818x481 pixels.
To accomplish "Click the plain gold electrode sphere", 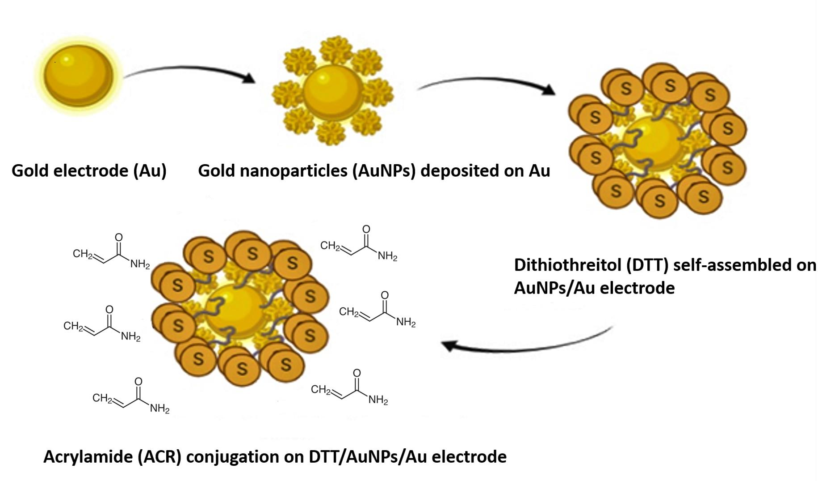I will click(78, 75).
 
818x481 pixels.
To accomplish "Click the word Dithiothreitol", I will click(568, 265).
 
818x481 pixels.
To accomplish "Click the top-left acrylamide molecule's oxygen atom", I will click(119, 237).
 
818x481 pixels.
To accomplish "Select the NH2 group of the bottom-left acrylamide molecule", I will click(159, 408).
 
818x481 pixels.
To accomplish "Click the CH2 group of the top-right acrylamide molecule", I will click(330, 246).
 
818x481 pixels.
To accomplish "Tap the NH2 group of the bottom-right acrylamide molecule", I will click(378, 400).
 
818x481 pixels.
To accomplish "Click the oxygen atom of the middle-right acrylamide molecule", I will click(385, 295).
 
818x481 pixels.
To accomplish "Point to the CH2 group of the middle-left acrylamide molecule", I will click(73, 326).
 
